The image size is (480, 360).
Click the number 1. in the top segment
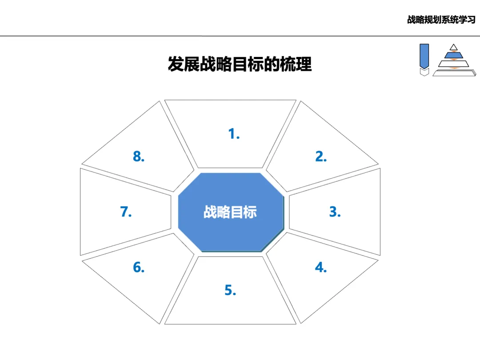point(234,133)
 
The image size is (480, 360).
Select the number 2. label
point(321,156)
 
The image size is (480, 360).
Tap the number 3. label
point(335,212)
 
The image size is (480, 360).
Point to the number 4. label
point(321,268)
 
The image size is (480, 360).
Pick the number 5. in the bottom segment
point(230,290)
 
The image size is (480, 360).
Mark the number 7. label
point(126,212)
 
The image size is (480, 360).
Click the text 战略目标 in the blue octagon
point(230,212)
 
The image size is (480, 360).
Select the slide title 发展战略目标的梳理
point(240,64)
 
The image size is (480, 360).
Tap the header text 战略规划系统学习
point(441,20)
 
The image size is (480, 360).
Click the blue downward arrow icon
point(424,55)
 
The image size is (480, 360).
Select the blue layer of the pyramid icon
point(453,55)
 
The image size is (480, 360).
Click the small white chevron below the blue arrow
point(424,72)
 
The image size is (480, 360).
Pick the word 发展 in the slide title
point(183,64)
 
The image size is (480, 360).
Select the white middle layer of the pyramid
point(453,63)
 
